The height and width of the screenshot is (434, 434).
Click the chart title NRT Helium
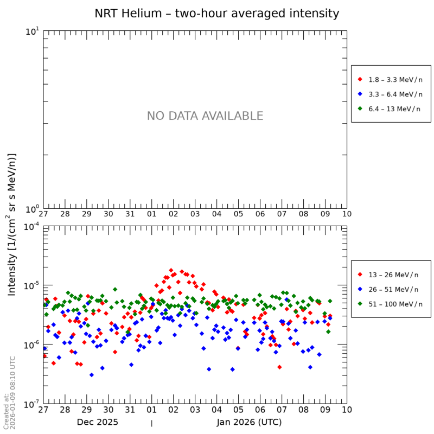(x=216, y=14)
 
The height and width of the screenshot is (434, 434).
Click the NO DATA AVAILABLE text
(x=205, y=116)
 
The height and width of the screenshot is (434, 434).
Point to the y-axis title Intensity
(x=12, y=224)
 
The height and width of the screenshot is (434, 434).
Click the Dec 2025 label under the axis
(x=97, y=422)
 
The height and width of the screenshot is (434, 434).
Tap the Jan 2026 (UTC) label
(x=249, y=422)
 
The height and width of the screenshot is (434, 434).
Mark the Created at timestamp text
(x=10, y=392)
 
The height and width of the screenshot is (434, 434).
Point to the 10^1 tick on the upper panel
(x=33, y=32)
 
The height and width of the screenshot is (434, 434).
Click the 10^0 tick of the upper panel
(x=33, y=209)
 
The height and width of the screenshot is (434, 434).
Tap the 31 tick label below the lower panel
(x=130, y=410)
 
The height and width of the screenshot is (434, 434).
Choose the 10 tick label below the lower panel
(x=347, y=410)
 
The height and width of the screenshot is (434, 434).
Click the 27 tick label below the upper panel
(x=43, y=214)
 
